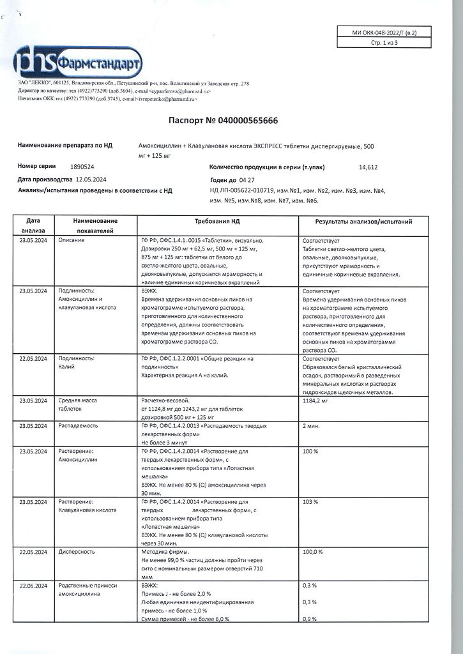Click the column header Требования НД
(x=218, y=222)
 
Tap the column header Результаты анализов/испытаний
(x=363, y=222)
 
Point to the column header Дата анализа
(x=33, y=225)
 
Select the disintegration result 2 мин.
(x=311, y=425)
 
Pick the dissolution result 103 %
(x=310, y=502)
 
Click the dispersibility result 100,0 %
(x=313, y=551)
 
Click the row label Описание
(x=72, y=240)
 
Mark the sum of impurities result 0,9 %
(x=310, y=619)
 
